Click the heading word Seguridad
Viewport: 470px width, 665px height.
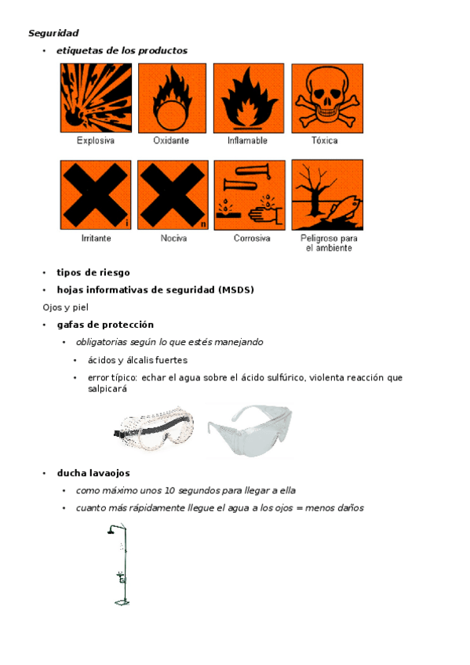coord(53,33)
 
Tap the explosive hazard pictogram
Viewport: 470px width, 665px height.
coord(96,98)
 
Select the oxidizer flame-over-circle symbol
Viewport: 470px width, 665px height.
coord(172,98)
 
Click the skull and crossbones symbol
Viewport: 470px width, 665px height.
coord(327,98)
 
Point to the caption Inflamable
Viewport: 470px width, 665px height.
coord(247,140)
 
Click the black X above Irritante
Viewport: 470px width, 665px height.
coord(96,194)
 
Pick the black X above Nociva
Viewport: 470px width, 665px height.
coord(173,194)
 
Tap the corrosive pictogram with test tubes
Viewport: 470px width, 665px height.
coord(250,195)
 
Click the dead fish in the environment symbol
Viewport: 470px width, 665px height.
coord(344,208)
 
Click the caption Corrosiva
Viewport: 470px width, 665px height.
coord(252,238)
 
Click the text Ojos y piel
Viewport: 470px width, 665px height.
coord(65,307)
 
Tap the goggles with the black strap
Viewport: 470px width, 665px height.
coord(155,428)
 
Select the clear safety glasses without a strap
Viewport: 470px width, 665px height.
coord(250,431)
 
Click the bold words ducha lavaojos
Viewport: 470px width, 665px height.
coord(93,474)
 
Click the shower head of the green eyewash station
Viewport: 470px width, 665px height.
coord(111,531)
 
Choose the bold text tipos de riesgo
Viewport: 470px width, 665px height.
coord(93,273)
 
